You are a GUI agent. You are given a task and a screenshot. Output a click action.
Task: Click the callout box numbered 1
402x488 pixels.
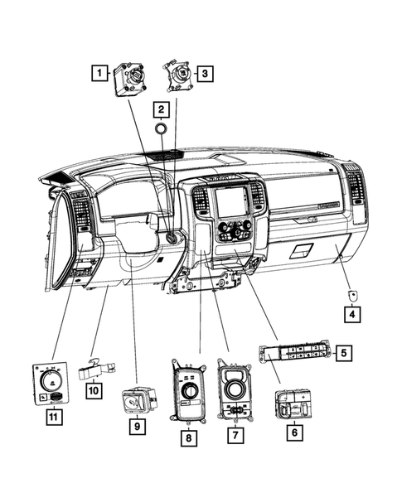click(99, 74)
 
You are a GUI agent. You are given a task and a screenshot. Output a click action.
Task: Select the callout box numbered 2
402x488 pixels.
click(162, 109)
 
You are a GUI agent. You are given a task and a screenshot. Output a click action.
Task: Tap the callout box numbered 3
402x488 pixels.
click(204, 74)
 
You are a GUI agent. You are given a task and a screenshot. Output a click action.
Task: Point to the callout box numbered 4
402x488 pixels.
click(353, 312)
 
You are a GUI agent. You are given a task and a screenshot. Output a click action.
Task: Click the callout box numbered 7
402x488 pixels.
click(236, 434)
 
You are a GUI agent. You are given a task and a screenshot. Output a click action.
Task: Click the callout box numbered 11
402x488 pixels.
click(52, 418)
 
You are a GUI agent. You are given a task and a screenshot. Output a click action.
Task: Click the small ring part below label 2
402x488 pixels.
click(162, 128)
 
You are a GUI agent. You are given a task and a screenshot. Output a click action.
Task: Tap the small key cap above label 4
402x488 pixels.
click(353, 294)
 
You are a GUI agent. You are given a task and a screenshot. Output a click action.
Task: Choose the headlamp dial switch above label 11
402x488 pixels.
click(53, 381)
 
